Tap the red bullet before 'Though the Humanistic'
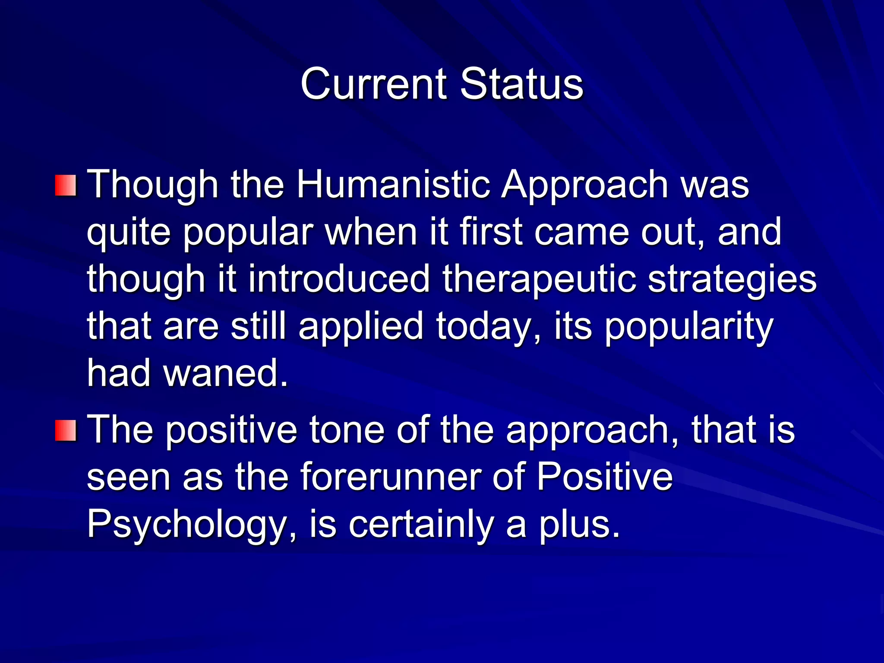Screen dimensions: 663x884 (x=66, y=186)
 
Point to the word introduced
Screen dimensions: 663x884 (x=339, y=279)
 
